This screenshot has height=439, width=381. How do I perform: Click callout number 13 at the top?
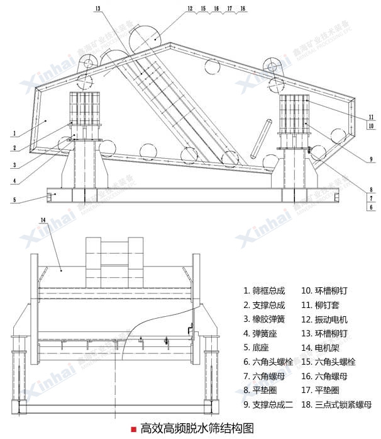(98, 9)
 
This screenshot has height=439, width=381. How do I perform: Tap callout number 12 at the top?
(190, 9)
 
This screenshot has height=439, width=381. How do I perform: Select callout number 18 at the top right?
(243, 9)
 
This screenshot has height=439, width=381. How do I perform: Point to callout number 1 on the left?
(13, 133)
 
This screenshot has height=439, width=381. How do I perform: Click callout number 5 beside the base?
(13, 201)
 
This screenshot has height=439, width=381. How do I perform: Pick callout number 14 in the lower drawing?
(43, 219)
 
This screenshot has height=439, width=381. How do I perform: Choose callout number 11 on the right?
(372, 117)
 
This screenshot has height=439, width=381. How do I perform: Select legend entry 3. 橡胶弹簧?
(264, 319)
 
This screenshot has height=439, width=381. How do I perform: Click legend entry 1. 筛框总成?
(264, 291)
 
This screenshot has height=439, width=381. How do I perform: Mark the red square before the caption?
(133, 429)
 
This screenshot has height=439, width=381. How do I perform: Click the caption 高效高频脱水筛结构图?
(197, 429)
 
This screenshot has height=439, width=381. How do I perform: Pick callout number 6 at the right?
(372, 207)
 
